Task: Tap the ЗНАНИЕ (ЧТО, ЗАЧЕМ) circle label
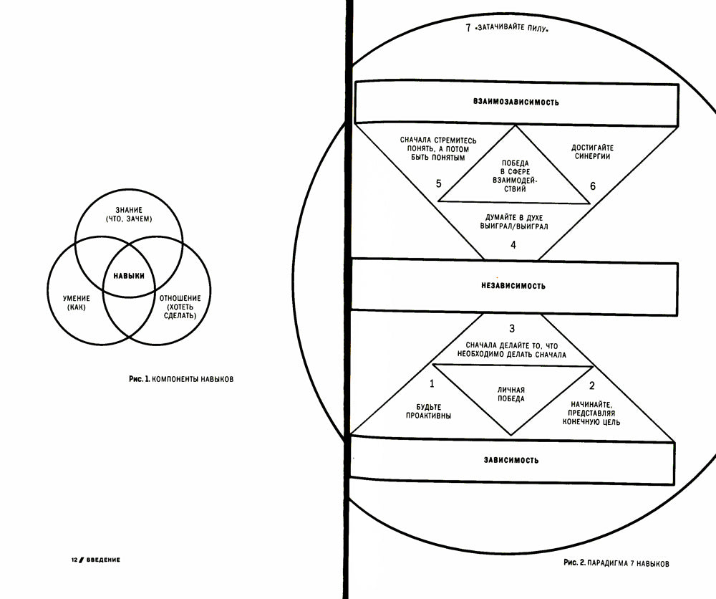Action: (x=129, y=214)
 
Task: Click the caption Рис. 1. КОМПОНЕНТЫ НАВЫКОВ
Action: (x=177, y=380)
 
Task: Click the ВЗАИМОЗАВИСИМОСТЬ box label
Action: (x=516, y=102)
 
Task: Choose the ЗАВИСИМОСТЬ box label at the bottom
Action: (x=511, y=459)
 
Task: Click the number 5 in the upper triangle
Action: (x=438, y=184)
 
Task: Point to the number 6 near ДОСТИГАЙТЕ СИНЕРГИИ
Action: (x=592, y=186)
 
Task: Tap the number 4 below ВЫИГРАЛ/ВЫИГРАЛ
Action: (x=513, y=245)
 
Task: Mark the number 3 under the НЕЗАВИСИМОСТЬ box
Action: (x=512, y=329)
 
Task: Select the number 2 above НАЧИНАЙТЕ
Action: (x=591, y=385)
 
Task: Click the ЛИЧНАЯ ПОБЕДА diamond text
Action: (x=511, y=394)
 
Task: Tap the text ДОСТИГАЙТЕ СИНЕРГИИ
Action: (x=591, y=152)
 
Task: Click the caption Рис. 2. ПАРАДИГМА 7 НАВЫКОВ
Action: (x=616, y=563)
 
